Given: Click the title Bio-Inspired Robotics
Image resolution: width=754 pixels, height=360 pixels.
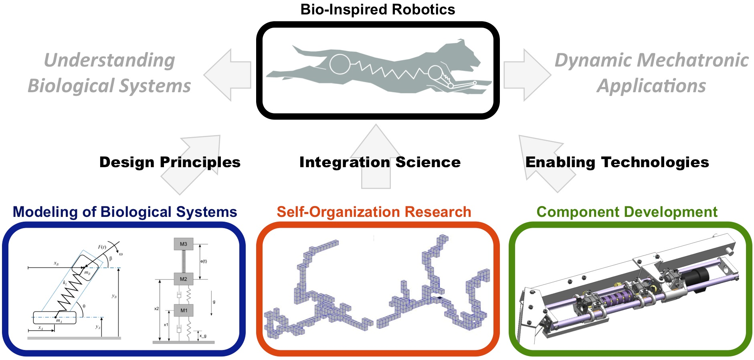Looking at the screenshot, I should [378, 10].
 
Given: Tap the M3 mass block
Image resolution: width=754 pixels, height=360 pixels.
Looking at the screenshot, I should [184, 244].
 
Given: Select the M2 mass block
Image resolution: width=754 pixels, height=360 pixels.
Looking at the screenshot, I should [184, 279].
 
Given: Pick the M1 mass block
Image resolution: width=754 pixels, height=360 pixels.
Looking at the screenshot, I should [184, 310].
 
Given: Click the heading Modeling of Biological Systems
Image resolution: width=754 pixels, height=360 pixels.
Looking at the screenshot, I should [125, 212].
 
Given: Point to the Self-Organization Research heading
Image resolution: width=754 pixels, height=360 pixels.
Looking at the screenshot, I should [374, 212].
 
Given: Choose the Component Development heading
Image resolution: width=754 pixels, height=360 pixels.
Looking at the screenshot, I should [627, 212].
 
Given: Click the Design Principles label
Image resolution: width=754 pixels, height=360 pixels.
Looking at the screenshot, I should [170, 162].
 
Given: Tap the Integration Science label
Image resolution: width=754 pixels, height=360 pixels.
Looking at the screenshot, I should [380, 162].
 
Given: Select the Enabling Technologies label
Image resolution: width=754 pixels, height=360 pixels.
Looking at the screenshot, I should [617, 162].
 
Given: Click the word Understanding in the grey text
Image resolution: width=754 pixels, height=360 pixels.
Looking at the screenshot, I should [109, 61].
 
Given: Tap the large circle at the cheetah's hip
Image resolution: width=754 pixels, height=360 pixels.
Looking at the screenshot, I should [339, 64].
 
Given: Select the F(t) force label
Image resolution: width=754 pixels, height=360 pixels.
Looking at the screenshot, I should [102, 247].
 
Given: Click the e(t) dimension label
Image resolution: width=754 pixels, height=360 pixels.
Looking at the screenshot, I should [204, 261].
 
